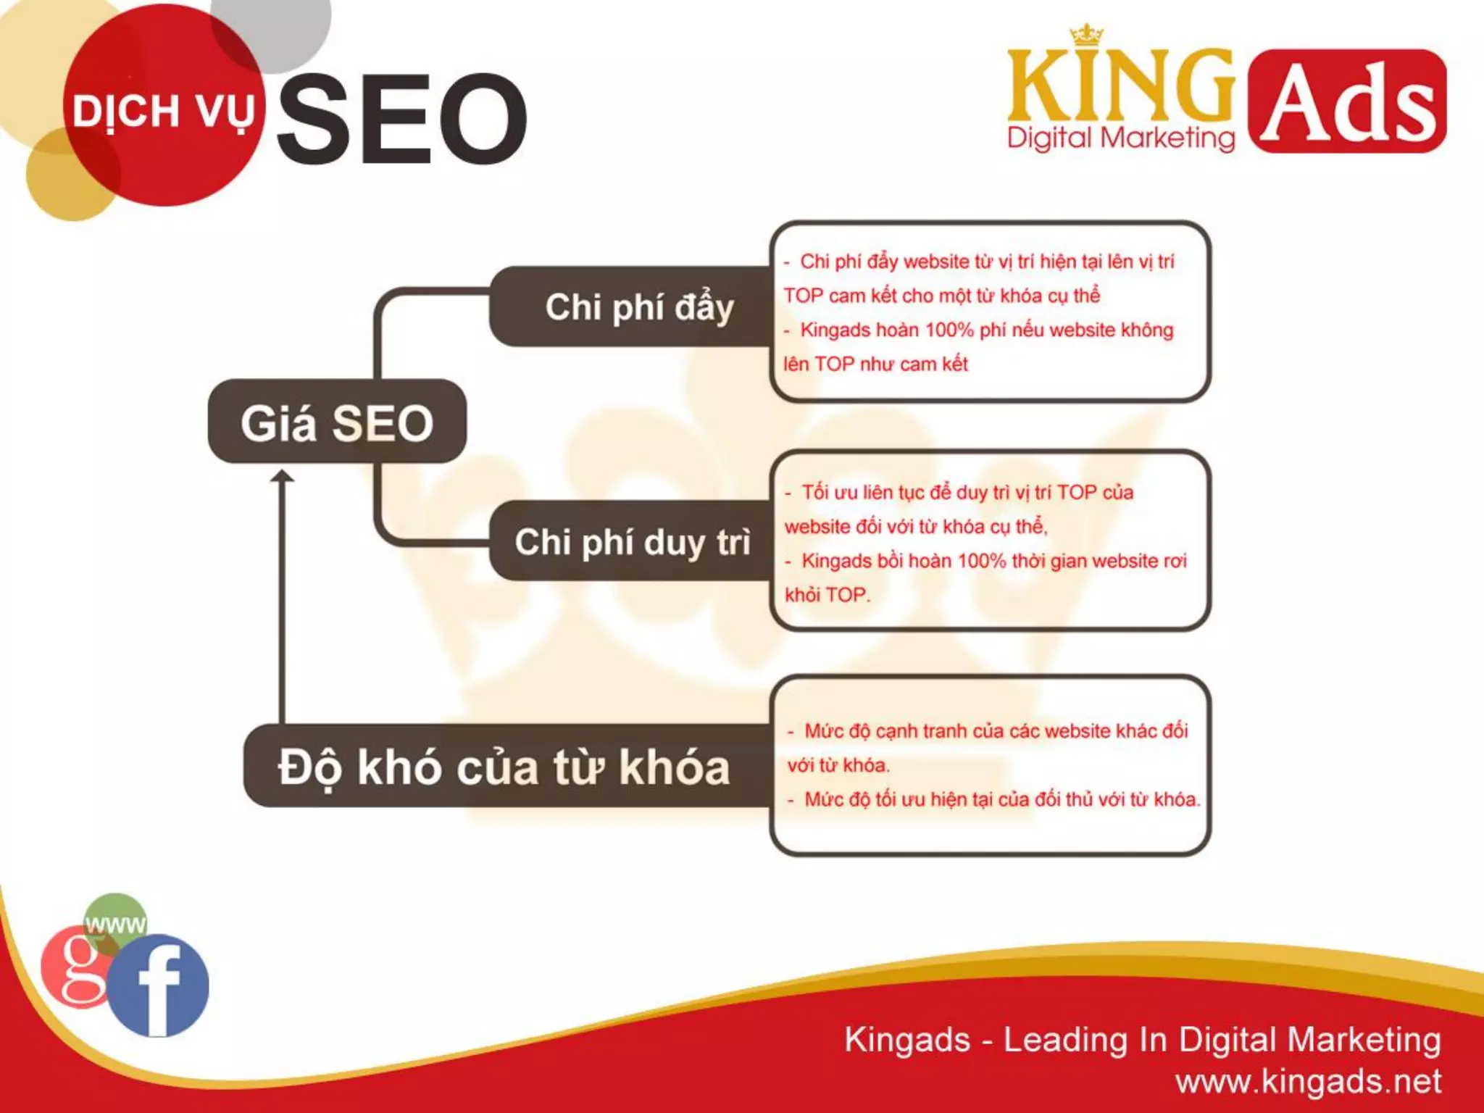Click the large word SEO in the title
tap(402, 118)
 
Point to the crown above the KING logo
tap(1086, 36)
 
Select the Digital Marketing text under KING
tap(1121, 138)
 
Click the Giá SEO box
tap(337, 422)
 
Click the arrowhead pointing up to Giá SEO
tap(282, 477)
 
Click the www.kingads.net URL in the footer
tap(1308, 1082)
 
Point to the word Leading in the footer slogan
tap(1065, 1040)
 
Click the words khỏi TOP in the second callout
tap(827, 595)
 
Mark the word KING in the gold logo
tap(1120, 86)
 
